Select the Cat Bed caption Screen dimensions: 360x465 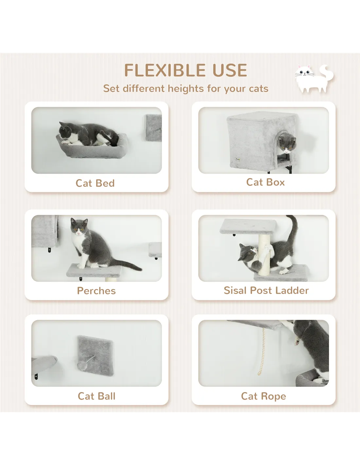(95, 183)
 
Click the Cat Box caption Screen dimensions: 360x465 (265, 182)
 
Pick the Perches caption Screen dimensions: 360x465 (96, 291)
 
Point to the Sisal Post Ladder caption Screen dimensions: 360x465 (266, 290)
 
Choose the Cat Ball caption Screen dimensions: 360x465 (97, 396)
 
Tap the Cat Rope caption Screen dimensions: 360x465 (264, 396)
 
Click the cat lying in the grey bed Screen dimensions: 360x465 (88, 134)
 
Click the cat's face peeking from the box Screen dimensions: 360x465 (287, 143)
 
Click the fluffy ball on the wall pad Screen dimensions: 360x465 (82, 365)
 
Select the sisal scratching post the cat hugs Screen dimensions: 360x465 (265, 256)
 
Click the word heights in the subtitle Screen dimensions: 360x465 (186, 89)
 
